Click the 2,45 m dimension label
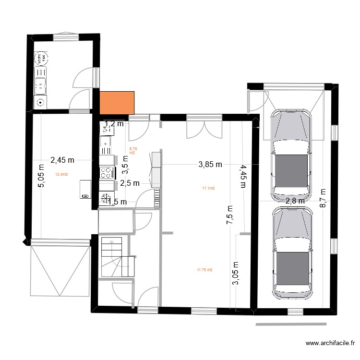pyautogui.click(x=62, y=160)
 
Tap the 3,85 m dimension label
pyautogui.click(x=210, y=165)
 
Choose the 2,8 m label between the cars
pyautogui.click(x=295, y=201)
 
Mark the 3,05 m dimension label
pyautogui.click(x=235, y=273)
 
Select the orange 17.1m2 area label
pyautogui.click(x=208, y=189)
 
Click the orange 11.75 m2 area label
pyautogui.click(x=204, y=270)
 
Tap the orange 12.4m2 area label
pyautogui.click(x=61, y=175)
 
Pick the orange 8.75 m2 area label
pyautogui.click(x=132, y=151)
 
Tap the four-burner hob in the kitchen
pyautogui.click(x=107, y=171)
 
